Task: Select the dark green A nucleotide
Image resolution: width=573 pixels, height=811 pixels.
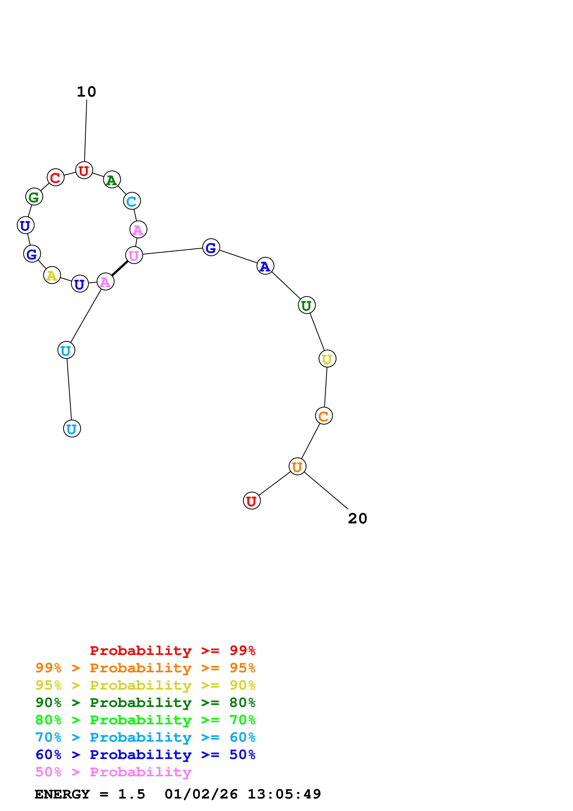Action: pos(112,180)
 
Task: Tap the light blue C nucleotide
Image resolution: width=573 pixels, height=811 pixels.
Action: pos(132,201)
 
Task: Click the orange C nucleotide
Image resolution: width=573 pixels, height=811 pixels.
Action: pos(324,416)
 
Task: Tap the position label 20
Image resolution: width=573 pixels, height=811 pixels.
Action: pos(357,519)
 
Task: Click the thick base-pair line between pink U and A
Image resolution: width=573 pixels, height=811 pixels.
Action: pos(120,268)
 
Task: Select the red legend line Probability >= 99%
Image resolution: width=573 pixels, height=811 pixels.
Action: pos(172,651)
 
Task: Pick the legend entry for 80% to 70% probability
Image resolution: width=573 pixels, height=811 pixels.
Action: pos(145,720)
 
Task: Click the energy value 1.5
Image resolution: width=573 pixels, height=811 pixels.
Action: pos(131,794)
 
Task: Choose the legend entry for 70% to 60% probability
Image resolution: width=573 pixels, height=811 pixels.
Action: pos(145,737)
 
